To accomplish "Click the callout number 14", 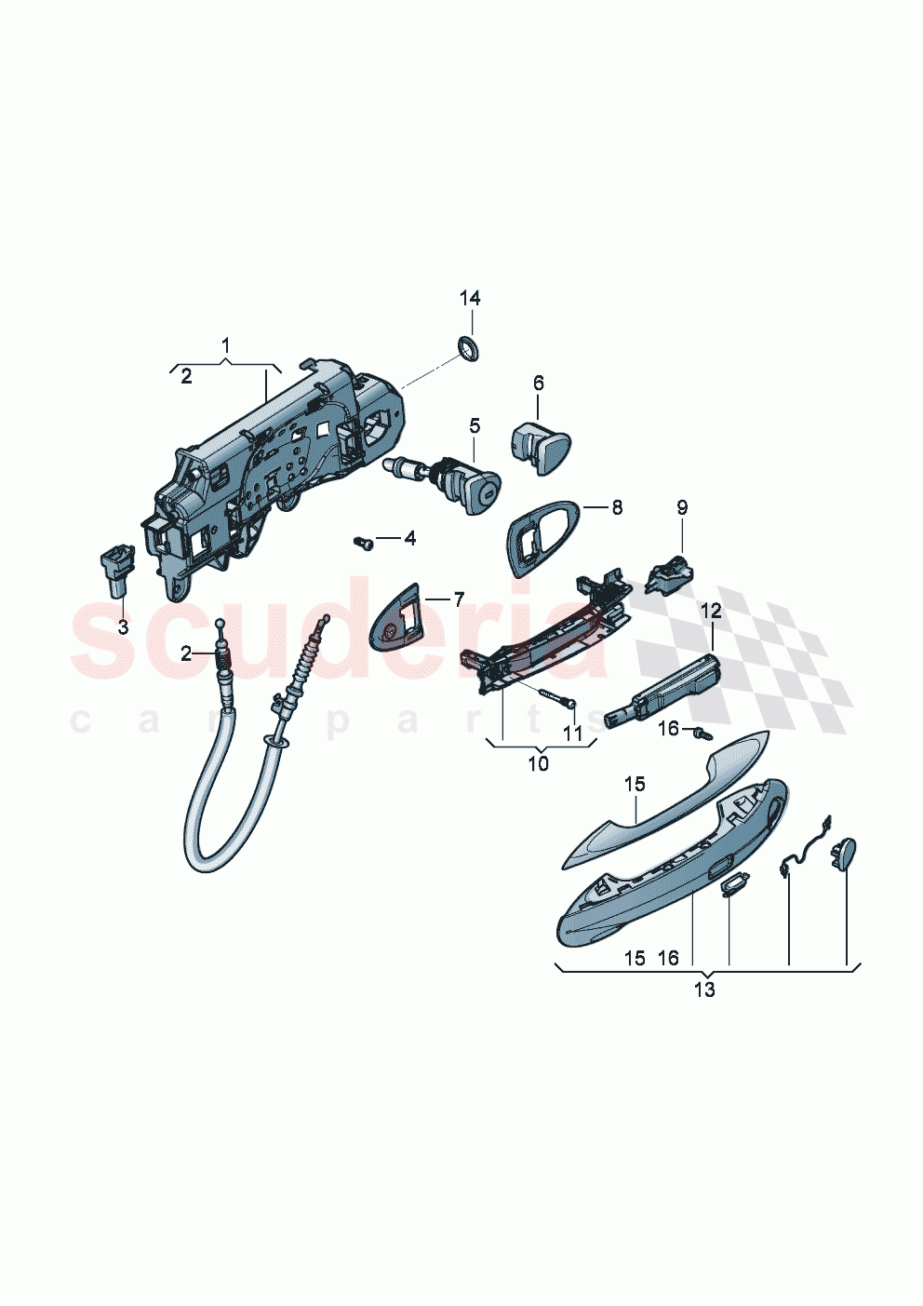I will click(470, 299).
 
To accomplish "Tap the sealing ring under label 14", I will click(468, 350).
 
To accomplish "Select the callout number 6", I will click(538, 383).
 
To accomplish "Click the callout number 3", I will click(123, 627).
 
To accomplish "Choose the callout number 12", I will click(711, 612).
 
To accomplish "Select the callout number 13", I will click(704, 990).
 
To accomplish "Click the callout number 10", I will click(538, 764).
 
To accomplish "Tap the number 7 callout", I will click(458, 599).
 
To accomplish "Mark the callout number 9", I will click(682, 507).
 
